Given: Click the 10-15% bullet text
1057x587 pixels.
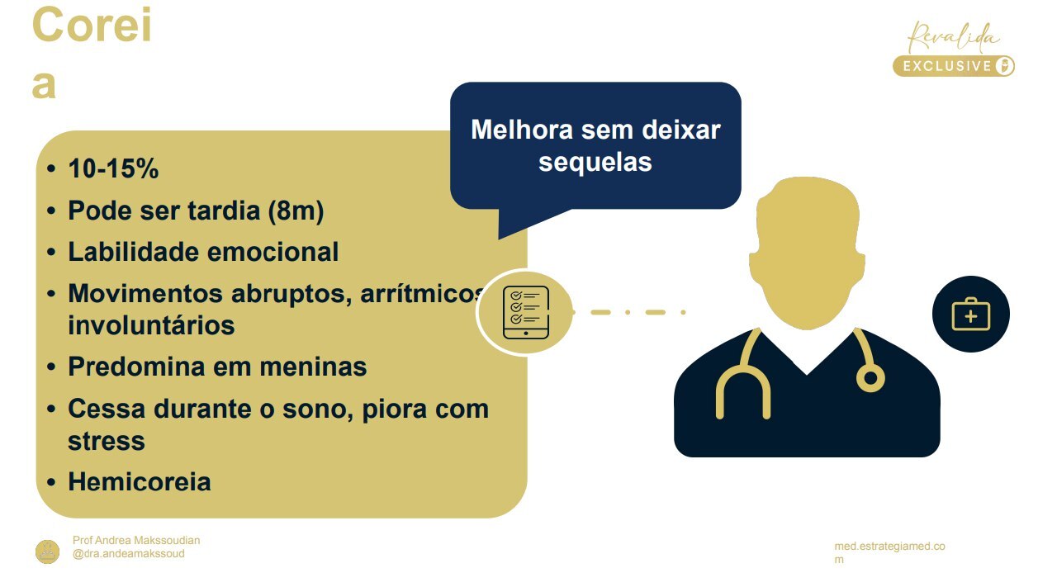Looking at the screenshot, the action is tap(113, 169).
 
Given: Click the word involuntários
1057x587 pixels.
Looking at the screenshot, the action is tap(151, 325).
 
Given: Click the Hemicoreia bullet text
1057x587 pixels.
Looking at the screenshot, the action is tap(139, 481).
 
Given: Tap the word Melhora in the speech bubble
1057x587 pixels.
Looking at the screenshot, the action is tap(522, 130).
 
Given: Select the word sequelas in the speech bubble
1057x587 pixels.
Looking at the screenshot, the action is tap(595, 162).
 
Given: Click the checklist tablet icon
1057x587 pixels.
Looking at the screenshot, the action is tap(525, 313).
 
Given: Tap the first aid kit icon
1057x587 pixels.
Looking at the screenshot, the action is tap(970, 315).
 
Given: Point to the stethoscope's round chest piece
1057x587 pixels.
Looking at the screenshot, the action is tap(870, 378).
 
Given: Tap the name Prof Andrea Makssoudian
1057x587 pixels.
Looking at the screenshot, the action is tap(136, 540).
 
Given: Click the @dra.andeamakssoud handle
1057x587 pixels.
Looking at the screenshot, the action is tap(129, 554).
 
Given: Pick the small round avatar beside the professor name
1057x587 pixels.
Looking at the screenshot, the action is tap(47, 551).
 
